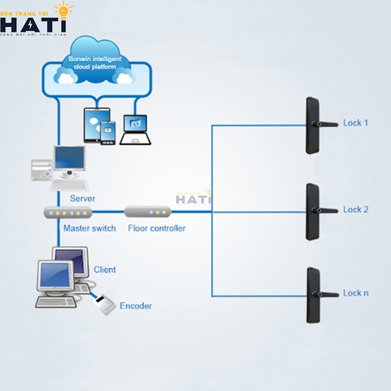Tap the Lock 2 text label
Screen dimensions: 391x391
tap(356, 209)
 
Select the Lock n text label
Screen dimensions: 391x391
tap(356, 292)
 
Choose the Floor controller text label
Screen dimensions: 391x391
tap(156, 228)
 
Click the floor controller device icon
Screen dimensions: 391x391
tap(153, 213)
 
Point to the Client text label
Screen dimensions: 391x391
tap(104, 269)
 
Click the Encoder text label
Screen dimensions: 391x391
tap(135, 305)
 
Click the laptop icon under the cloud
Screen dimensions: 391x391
tap(135, 129)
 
